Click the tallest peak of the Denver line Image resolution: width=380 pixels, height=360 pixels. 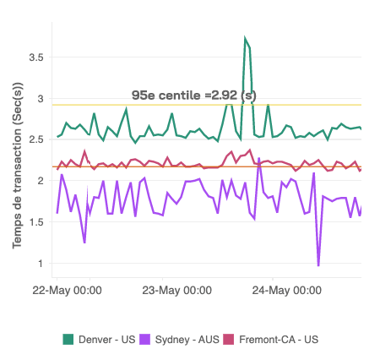(x=245, y=39)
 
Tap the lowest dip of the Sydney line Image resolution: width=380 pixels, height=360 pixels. (x=318, y=265)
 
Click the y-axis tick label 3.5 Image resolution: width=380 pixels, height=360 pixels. (x=34, y=57)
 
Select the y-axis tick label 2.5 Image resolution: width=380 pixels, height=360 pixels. (x=34, y=139)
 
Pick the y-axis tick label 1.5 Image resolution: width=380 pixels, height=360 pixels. (x=34, y=221)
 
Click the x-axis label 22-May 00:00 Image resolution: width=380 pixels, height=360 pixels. (x=67, y=291)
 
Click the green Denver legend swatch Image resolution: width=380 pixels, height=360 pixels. (x=68, y=339)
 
